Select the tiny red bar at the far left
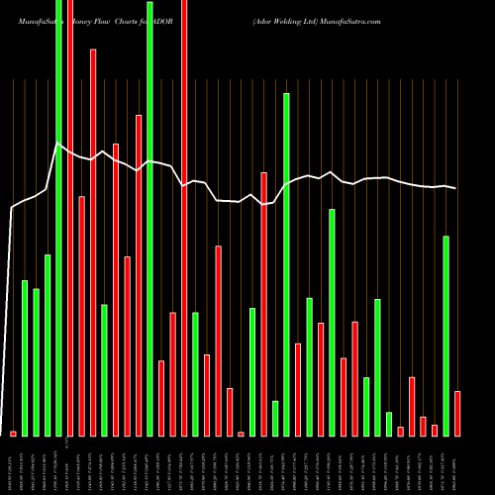tap(13, 433)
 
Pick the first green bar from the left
tap(25, 357)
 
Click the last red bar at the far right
tap(457, 413)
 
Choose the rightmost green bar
tap(446, 336)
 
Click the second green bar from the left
tap(36, 361)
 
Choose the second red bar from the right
tap(435, 430)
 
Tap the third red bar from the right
tap(423, 426)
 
